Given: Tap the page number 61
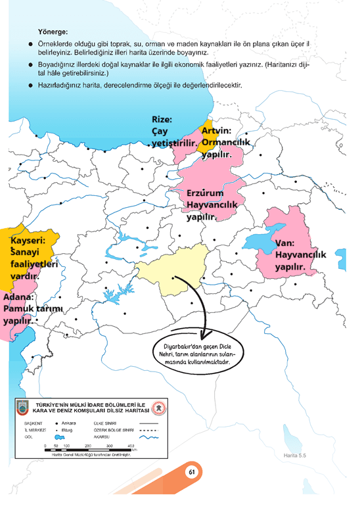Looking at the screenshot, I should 192,471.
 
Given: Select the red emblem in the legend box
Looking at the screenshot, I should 158,409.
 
